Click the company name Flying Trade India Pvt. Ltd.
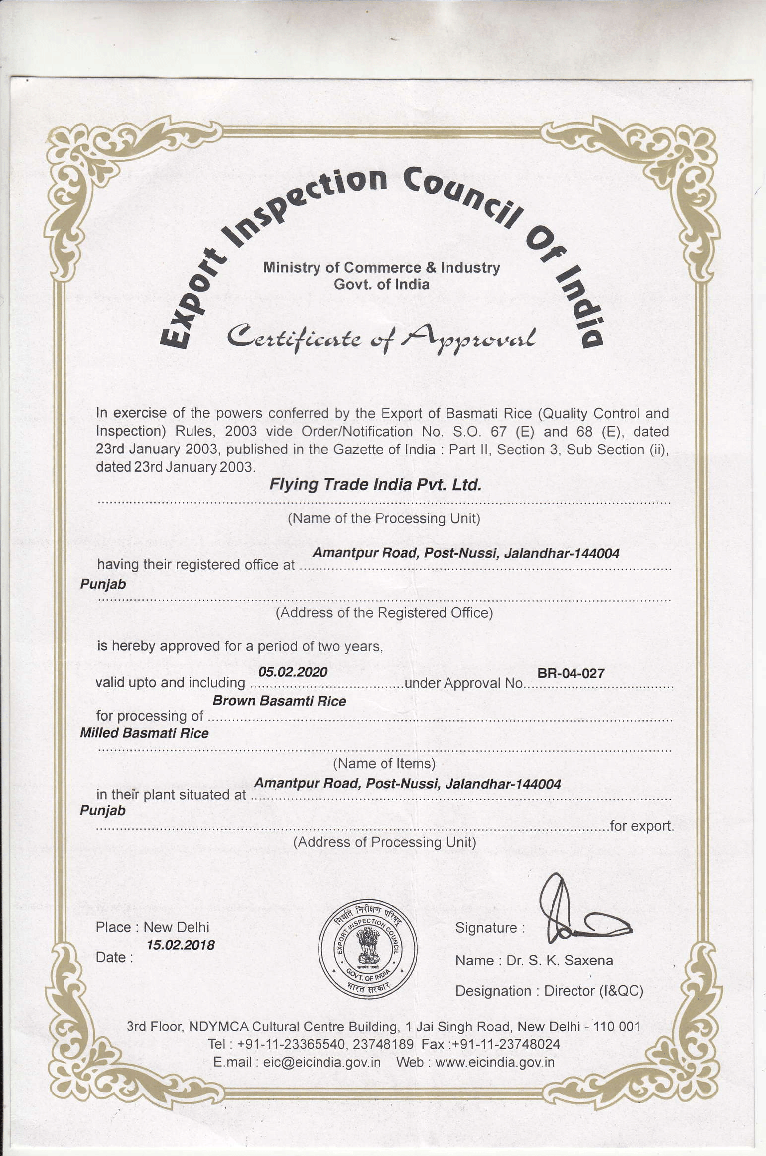375,484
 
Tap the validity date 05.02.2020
293,672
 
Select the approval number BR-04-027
571,673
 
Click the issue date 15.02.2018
181,945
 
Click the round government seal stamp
368,948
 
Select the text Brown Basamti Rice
279,701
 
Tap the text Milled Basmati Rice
144,733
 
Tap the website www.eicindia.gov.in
495,1062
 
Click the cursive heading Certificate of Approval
381,337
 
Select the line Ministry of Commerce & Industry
382,268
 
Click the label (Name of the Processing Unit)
384,518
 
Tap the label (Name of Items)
384,763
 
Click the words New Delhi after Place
177,927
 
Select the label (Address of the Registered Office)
384,613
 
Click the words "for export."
642,826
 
